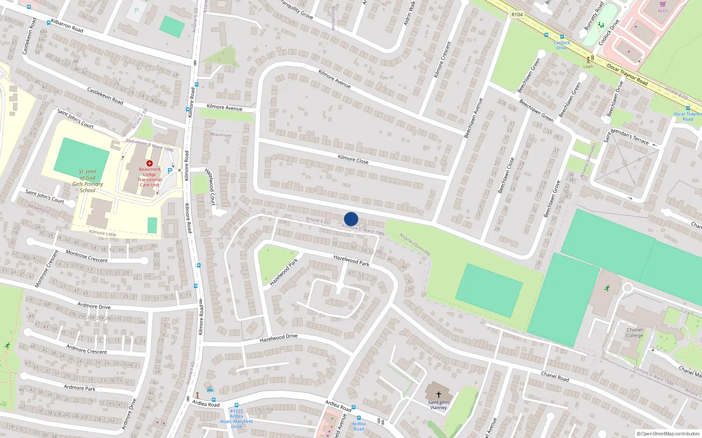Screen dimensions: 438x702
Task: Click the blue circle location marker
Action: (x=351, y=219)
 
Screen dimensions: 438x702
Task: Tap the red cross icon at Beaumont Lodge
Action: (x=150, y=163)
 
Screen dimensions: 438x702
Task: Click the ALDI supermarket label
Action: (x=663, y=11)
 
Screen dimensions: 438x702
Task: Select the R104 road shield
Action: (x=517, y=14)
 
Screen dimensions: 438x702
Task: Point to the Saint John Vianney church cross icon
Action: (x=438, y=395)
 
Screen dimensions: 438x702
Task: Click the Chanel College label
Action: (x=634, y=332)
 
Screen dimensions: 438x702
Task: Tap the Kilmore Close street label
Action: (x=353, y=159)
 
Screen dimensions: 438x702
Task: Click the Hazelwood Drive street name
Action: (x=279, y=338)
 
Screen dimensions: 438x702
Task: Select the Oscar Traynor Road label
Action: (x=627, y=74)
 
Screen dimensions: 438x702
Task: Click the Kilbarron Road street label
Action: (x=67, y=26)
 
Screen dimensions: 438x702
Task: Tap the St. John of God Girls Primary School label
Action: (x=88, y=181)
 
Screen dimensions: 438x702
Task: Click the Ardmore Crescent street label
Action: (x=86, y=349)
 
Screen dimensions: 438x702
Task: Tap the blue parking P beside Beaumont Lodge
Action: (x=170, y=171)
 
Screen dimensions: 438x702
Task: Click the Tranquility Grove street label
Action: (x=297, y=9)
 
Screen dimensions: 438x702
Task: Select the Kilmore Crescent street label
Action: (x=442, y=60)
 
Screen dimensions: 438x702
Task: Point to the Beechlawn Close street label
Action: (x=506, y=176)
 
